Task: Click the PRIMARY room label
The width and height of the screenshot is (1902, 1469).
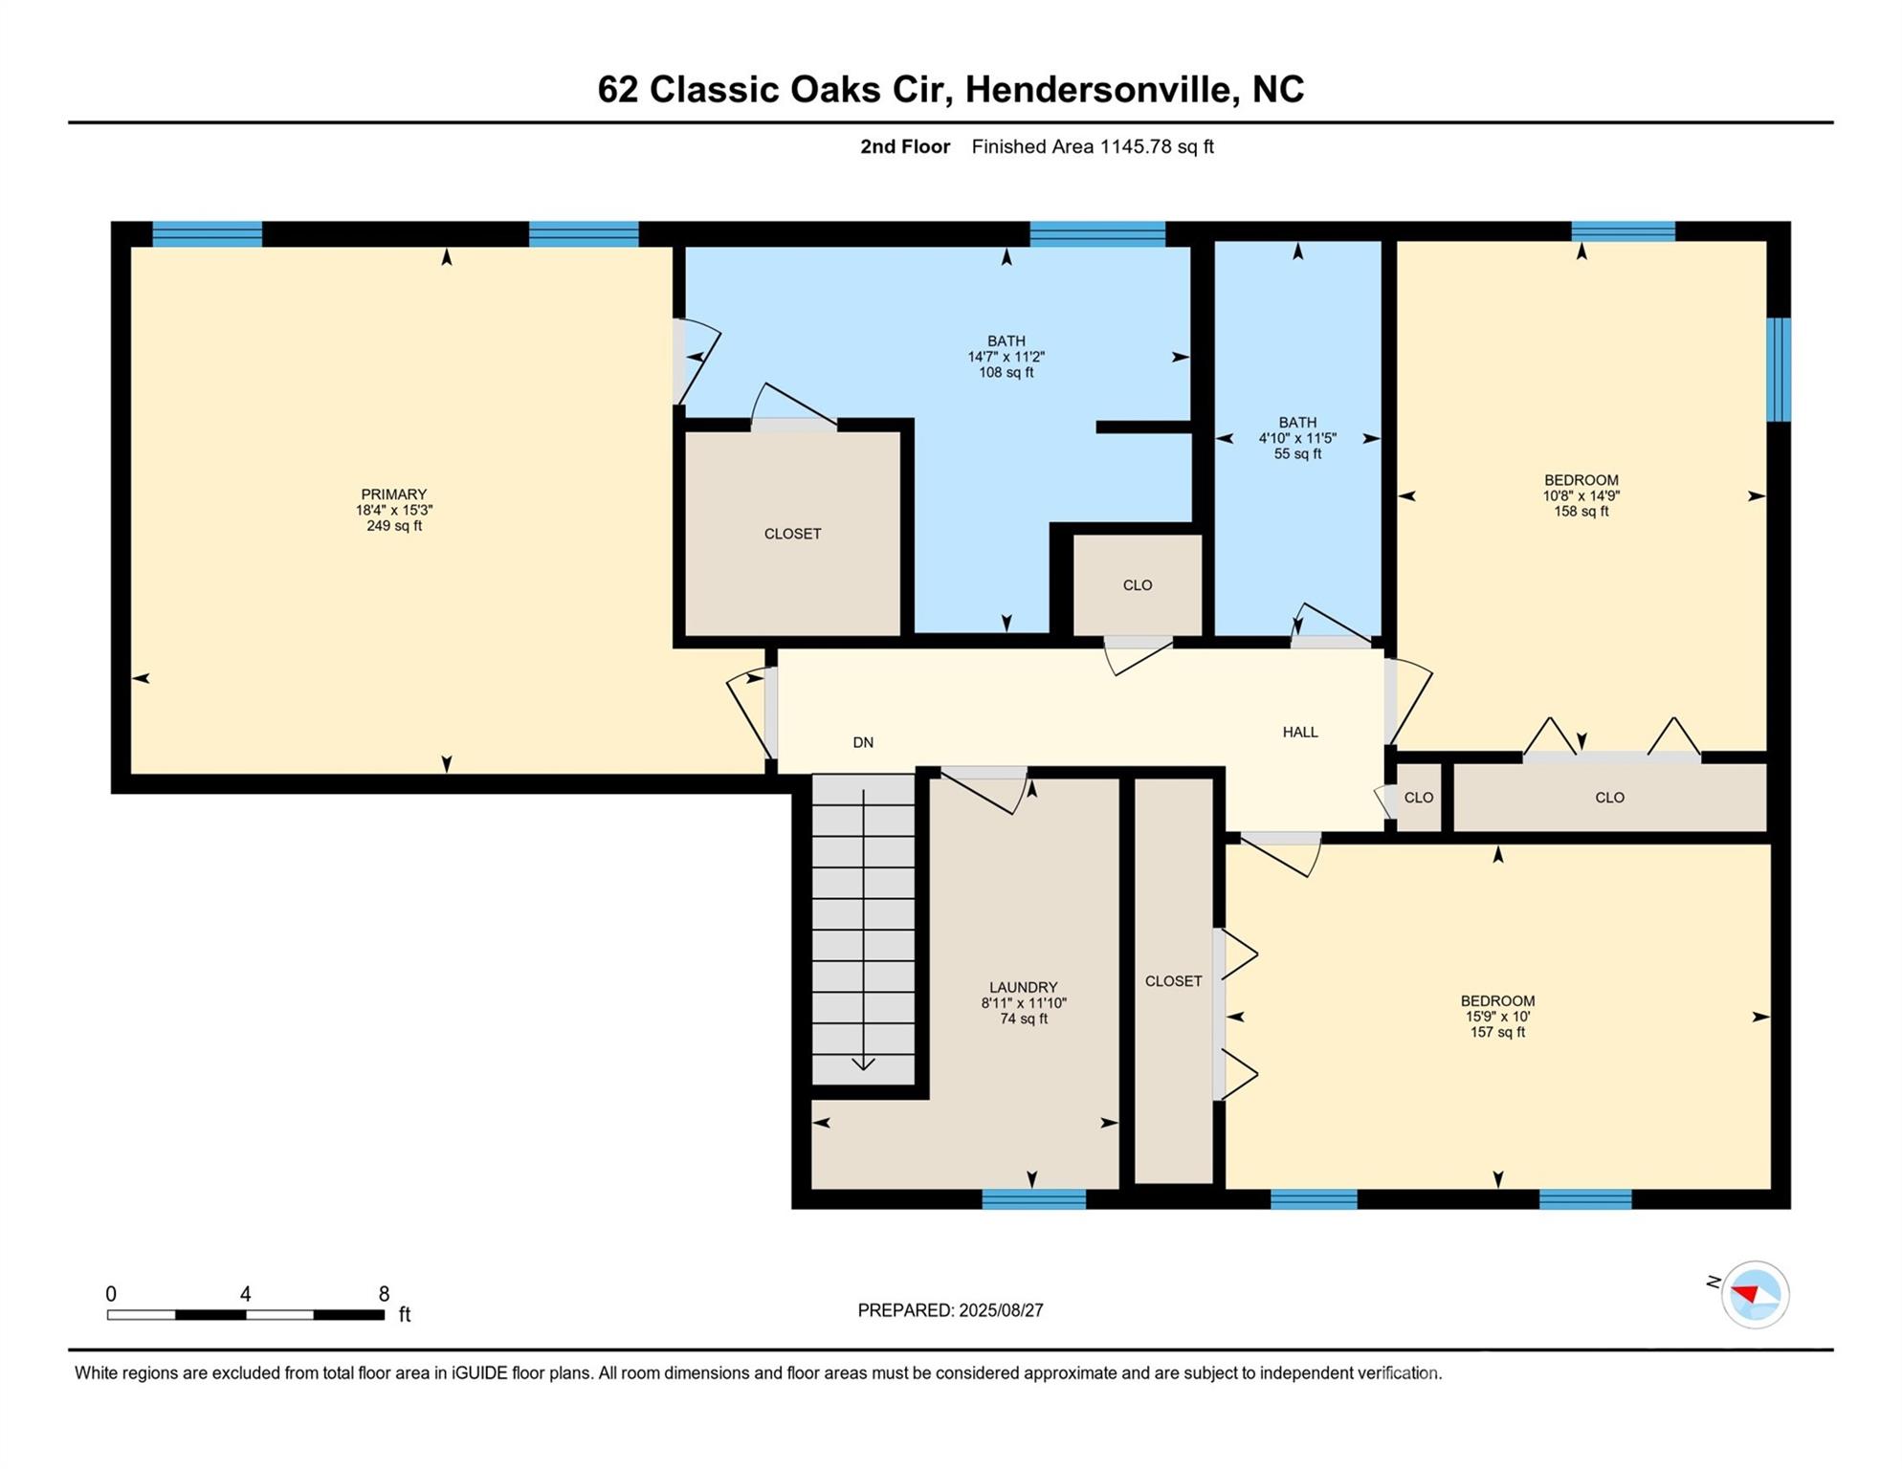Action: pyautogui.click(x=393, y=494)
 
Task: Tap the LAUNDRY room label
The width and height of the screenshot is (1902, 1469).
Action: pyautogui.click(x=1023, y=987)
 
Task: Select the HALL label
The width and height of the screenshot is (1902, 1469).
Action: pyautogui.click(x=1299, y=732)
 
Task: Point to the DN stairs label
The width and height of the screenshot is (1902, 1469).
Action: pyautogui.click(x=863, y=742)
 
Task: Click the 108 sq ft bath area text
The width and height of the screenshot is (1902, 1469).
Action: pyautogui.click(x=1006, y=373)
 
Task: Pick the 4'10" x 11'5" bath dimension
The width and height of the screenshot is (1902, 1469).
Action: pyautogui.click(x=1297, y=438)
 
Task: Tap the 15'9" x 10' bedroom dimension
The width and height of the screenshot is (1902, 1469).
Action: pyautogui.click(x=1497, y=1017)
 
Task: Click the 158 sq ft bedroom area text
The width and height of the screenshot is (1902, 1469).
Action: pyautogui.click(x=1581, y=512)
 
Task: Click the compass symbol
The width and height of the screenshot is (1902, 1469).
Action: pyautogui.click(x=1755, y=1294)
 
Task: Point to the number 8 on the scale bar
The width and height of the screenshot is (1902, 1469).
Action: pyautogui.click(x=384, y=1294)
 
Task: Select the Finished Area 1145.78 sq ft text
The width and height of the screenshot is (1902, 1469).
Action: pyautogui.click(x=1093, y=146)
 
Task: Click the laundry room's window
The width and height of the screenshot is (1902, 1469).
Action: pyautogui.click(x=1033, y=1198)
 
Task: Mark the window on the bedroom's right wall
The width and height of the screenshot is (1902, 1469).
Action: pyautogui.click(x=1778, y=369)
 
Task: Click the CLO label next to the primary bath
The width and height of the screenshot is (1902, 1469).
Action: pyautogui.click(x=1137, y=585)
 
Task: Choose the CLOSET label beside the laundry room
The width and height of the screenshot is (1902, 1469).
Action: pyautogui.click(x=1173, y=981)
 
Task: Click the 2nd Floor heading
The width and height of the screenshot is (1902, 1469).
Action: pyautogui.click(x=905, y=146)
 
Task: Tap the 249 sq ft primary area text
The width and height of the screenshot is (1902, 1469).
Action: pyautogui.click(x=393, y=526)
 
